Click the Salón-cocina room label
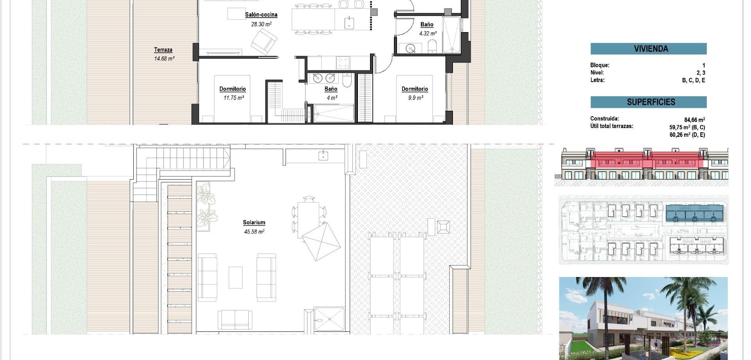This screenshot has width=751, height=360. coord(261,15)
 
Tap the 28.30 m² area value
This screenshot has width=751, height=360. coord(261,24)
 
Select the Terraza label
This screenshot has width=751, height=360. coord(163,50)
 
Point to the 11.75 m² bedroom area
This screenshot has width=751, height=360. coord(234,98)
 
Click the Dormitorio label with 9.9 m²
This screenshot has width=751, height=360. coord(415,89)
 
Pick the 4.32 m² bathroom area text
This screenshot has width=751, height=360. coord(428,34)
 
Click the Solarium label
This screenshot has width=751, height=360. coord(254,222)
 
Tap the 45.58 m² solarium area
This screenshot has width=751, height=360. coord(254,232)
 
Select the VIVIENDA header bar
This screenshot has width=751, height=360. coord(648,49)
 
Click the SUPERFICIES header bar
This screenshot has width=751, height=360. coord(648,102)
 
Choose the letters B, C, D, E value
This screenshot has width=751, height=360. coord(693,80)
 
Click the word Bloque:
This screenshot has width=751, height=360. coord(600,65)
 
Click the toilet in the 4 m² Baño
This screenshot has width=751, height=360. coord(347,81)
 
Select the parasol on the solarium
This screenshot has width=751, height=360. coord(322,241)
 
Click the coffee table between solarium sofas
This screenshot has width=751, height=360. coord(235,277)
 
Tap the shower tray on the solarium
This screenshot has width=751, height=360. coord(329,320)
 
